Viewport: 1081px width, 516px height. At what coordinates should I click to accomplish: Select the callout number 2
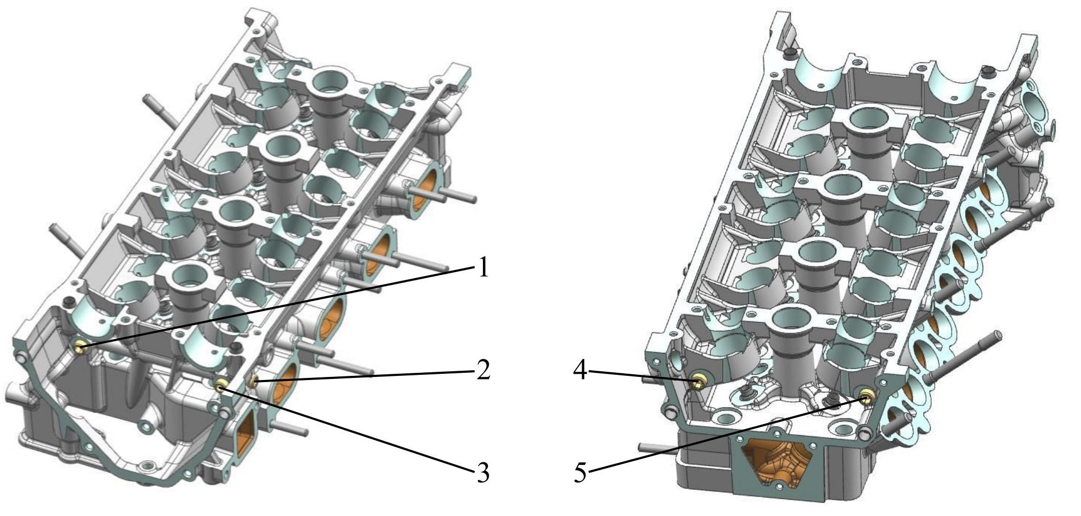[483, 370]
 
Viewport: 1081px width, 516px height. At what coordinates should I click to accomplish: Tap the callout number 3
[483, 473]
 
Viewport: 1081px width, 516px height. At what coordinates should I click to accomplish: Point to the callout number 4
[580, 370]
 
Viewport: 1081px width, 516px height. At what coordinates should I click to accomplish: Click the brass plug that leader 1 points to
[79, 348]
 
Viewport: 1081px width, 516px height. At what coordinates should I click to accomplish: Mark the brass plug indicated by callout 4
[697, 382]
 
